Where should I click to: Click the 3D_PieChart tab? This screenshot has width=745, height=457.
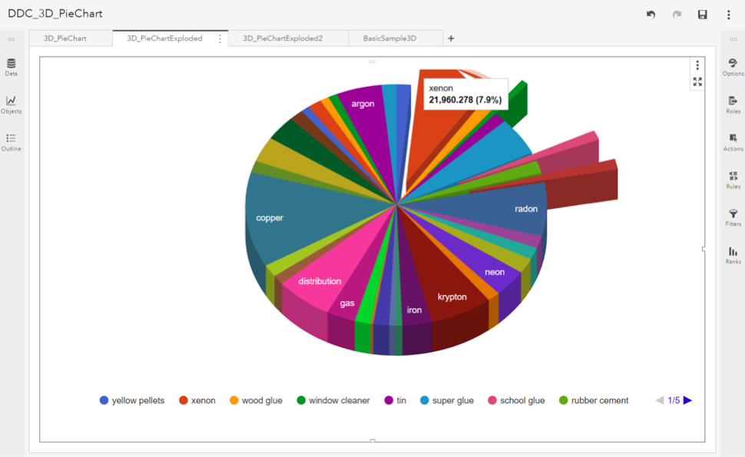point(65,38)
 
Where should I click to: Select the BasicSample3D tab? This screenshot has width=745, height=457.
point(389,38)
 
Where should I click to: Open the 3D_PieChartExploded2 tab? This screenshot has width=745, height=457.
point(283,38)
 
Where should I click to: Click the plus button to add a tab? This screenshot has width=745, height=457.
point(451,38)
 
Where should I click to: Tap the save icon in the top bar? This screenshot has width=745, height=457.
point(702,15)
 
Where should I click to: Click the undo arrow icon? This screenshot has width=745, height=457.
point(651,15)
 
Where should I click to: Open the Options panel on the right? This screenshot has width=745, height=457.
point(733,67)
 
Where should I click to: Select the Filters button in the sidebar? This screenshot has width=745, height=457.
point(733,217)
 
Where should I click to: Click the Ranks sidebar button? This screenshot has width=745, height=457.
point(733,255)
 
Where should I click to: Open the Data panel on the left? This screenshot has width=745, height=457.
point(11,67)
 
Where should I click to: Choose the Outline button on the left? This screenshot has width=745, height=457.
point(11,142)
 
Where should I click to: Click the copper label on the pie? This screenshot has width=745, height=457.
point(270,218)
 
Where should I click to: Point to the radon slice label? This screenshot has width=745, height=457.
point(526,209)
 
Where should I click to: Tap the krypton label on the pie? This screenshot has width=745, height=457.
point(452,297)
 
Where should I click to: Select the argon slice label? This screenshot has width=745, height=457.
point(363,104)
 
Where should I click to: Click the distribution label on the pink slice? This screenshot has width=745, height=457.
point(320,282)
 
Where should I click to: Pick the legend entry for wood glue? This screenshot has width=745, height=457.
point(256,400)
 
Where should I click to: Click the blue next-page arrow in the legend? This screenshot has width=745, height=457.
point(687,400)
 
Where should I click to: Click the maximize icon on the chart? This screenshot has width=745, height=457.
point(697,81)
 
